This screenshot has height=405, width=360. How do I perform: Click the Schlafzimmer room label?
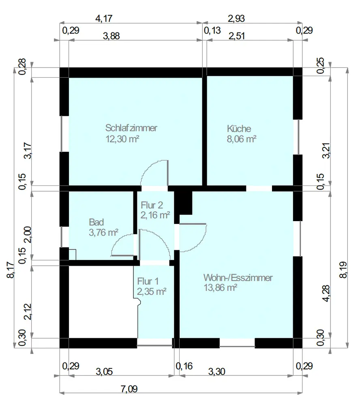(x=131, y=128)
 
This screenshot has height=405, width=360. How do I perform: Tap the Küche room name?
(x=239, y=128)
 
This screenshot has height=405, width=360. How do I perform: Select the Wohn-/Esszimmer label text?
(x=238, y=278)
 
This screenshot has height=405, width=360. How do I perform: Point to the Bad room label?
(x=96, y=222)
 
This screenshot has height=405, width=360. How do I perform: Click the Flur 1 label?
(x=148, y=281)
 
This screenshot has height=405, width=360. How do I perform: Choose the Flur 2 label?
(x=152, y=205)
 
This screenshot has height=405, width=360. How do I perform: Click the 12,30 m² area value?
(x=122, y=139)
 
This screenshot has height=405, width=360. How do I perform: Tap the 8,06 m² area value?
(x=242, y=139)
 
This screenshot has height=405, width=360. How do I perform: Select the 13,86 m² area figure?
(x=221, y=288)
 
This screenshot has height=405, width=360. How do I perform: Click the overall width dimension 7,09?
(x=129, y=389)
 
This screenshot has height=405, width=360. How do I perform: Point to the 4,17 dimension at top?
(x=104, y=18)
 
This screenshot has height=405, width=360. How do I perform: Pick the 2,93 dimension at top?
(x=236, y=18)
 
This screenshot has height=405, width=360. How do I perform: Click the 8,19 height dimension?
(x=343, y=270)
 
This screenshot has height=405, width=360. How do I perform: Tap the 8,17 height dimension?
(x=11, y=270)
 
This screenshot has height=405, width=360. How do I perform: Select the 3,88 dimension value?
(x=111, y=36)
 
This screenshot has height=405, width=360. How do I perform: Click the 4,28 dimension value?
(x=326, y=293)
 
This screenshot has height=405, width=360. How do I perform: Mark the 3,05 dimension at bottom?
(x=104, y=372)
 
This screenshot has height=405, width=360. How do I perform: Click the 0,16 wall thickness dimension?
(x=184, y=366)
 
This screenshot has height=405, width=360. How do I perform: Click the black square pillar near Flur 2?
(x=184, y=203)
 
